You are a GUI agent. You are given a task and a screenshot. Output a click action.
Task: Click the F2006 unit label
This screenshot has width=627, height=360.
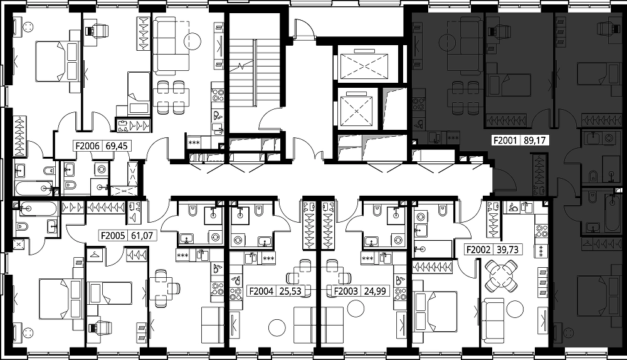tap(88, 146)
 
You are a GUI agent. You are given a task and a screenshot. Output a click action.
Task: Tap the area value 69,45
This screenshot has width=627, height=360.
tap(117, 146)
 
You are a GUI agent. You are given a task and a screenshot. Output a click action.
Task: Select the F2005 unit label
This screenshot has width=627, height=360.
tap(113, 236)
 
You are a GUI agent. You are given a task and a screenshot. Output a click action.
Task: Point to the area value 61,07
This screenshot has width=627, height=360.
tap(142, 236)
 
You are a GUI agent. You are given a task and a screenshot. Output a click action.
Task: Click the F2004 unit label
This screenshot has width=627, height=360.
tap(261, 291)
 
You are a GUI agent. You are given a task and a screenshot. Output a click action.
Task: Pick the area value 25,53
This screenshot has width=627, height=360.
tap(290, 291)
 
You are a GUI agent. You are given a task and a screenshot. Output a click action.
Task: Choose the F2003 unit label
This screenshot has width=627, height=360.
tap(346, 291)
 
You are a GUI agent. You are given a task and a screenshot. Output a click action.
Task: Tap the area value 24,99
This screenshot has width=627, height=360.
tap(375, 291)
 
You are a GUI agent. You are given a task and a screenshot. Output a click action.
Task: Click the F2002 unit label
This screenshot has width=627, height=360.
tap(478, 250)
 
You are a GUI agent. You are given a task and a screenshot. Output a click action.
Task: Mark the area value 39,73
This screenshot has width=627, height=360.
tap(507, 250)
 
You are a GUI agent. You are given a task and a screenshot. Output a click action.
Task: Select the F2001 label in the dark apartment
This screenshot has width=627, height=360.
tap(505, 140)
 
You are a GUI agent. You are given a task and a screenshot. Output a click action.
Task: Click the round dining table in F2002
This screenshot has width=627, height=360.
tap(500, 275)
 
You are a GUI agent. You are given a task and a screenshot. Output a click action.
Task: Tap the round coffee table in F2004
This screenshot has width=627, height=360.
tap(277, 328)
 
